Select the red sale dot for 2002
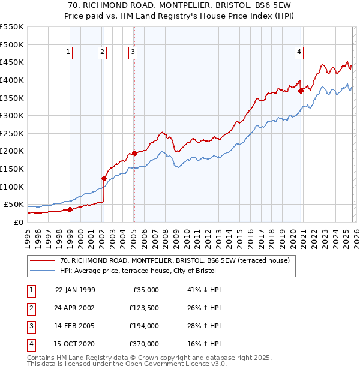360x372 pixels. click(x=104, y=178)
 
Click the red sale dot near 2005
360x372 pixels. click(x=134, y=153)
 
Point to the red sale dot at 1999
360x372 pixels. click(x=70, y=209)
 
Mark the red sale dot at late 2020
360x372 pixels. click(x=301, y=91)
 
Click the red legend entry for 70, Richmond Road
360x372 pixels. click(x=175, y=260)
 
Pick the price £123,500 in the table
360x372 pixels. click(x=144, y=308)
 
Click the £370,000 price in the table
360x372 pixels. click(x=144, y=344)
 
